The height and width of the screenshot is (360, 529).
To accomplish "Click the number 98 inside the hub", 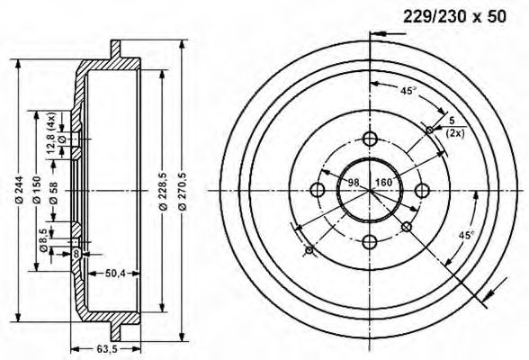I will click(353, 184).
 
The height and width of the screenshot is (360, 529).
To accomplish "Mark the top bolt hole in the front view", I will click(370, 139).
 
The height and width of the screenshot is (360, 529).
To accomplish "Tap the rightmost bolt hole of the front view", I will click(422, 190).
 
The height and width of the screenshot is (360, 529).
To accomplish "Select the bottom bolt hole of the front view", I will click(370, 241).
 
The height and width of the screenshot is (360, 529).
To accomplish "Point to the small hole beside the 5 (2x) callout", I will click(430, 130).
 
